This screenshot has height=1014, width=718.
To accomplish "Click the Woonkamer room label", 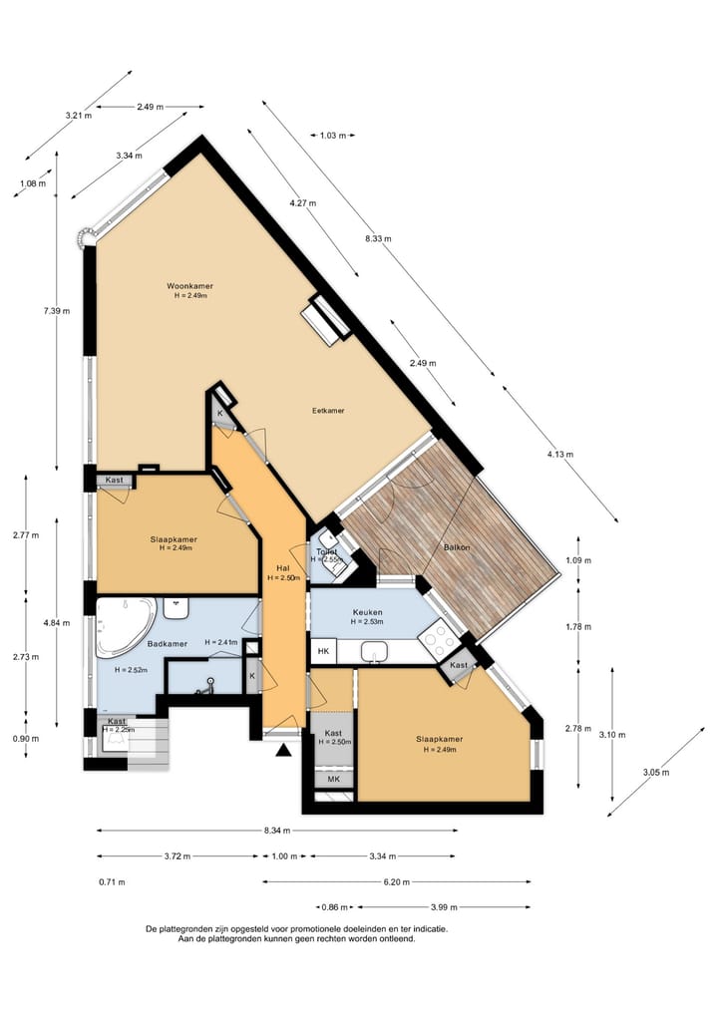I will click(189, 286).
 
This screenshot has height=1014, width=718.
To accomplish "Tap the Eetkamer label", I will click(328, 410).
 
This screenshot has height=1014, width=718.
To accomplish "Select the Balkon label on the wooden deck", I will click(458, 548).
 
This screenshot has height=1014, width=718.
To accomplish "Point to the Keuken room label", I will click(367, 612).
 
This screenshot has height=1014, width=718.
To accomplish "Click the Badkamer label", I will click(168, 644).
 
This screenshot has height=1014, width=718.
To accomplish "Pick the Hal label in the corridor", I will click(282, 568).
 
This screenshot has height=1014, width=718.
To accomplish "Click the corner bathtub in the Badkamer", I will click(124, 625).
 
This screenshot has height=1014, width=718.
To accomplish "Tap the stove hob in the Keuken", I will click(438, 636).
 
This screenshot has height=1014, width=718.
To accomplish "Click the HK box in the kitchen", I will click(323, 652).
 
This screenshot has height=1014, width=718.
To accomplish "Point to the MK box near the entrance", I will click(333, 779).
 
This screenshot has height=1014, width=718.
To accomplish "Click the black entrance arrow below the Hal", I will click(284, 750).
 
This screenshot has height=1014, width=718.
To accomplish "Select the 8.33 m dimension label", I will click(378, 239).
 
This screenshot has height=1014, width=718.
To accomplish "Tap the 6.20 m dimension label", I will click(396, 881).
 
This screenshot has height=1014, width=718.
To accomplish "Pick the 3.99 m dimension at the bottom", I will click(444, 907).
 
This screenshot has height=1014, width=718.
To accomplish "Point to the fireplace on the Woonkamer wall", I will click(327, 319).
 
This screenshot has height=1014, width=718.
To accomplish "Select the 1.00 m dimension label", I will click(284, 855).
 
